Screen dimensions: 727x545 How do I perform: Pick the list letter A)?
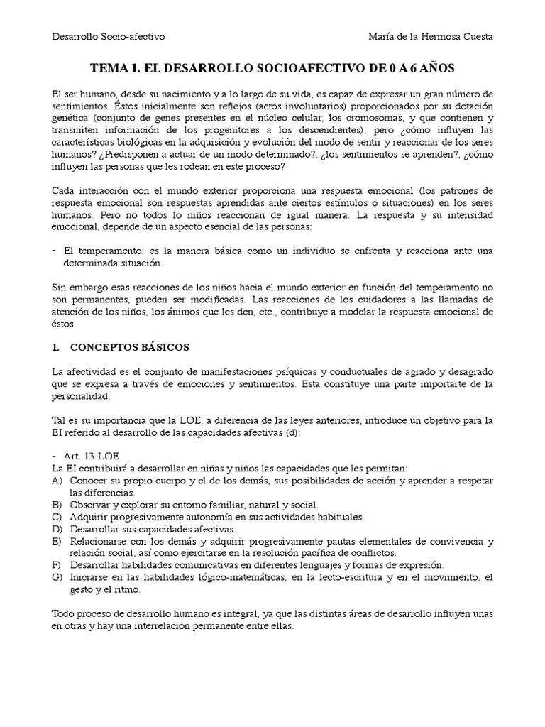(x=58, y=481)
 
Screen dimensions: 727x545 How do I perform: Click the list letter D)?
(x=58, y=529)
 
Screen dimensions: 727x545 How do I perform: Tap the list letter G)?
(x=58, y=577)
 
